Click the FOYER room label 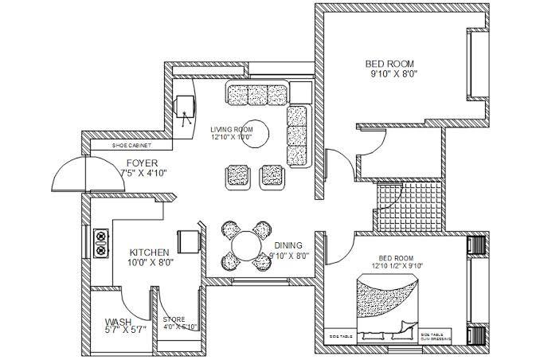click(142, 162)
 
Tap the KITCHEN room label click(149, 252)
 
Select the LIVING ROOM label click(232, 129)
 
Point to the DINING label click(288, 245)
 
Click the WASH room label click(119, 322)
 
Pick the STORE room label click(174, 319)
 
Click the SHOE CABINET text click(131, 147)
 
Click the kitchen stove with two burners click(101, 243)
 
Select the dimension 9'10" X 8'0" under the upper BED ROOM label click(393, 74)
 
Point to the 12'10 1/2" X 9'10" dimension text click(396, 266)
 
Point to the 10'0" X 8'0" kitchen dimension click(151, 262)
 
